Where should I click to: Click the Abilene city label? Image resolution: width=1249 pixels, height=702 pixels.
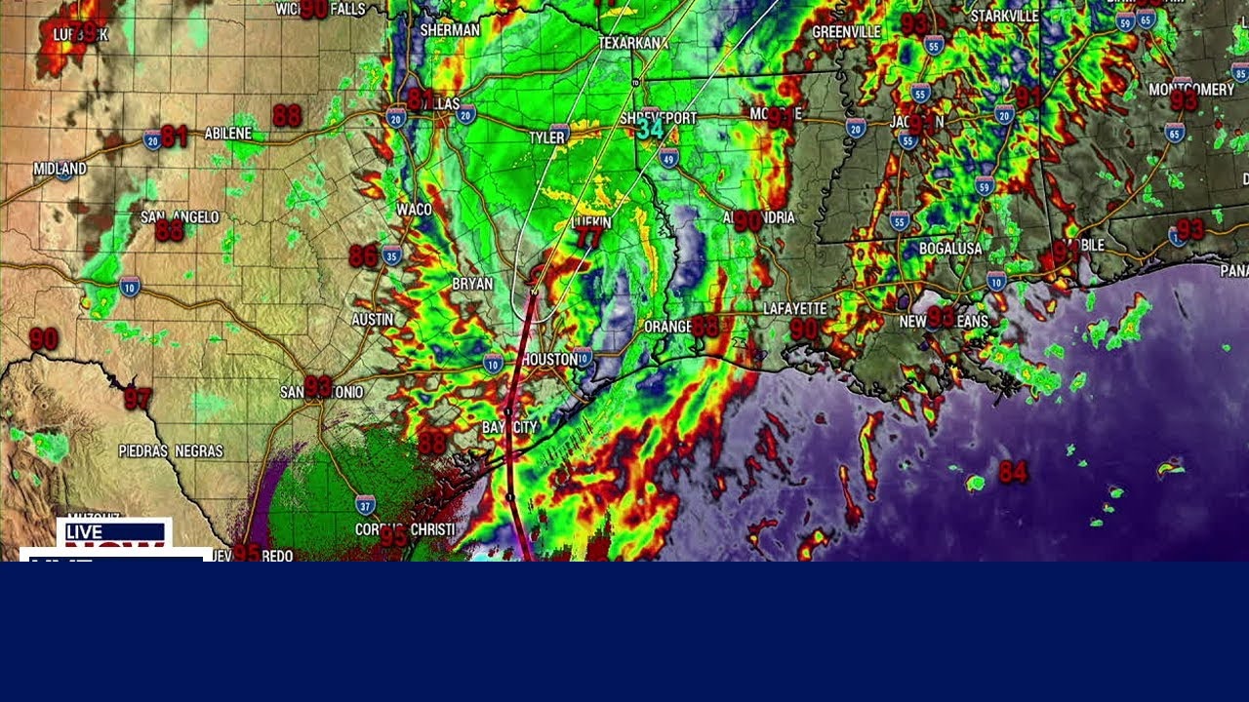(x=228, y=134)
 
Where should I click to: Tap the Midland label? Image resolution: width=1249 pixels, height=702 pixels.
(x=60, y=169)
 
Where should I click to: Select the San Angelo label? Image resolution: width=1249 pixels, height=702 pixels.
(x=180, y=216)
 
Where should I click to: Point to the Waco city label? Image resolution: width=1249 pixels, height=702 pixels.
(x=414, y=210)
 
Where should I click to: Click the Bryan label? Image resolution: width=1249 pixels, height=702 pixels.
(x=472, y=284)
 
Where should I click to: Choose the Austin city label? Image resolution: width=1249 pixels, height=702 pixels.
(x=372, y=319)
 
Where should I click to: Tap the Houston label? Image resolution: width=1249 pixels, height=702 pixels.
(x=549, y=360)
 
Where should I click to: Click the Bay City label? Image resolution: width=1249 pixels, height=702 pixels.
(x=509, y=427)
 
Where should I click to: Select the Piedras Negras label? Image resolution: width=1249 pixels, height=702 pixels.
(x=171, y=451)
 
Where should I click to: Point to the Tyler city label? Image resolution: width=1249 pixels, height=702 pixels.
(x=546, y=138)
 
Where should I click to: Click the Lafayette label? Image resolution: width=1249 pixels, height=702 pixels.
(x=794, y=308)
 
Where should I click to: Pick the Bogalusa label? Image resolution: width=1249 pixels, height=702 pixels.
(x=949, y=249)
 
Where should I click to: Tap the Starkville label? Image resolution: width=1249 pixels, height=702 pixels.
(x=1004, y=16)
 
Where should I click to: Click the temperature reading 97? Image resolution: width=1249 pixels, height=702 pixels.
(x=138, y=399)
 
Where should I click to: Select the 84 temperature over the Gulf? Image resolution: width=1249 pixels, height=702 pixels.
(x=1013, y=472)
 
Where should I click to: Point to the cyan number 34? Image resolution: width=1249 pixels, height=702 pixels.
(x=650, y=128)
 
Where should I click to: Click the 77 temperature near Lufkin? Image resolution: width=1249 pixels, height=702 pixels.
(x=588, y=239)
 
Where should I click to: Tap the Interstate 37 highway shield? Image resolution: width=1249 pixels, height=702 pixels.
(x=365, y=504)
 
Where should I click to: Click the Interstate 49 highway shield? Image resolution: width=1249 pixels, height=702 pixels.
(x=668, y=158)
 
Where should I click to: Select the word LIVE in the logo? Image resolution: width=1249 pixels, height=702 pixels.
(x=84, y=532)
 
